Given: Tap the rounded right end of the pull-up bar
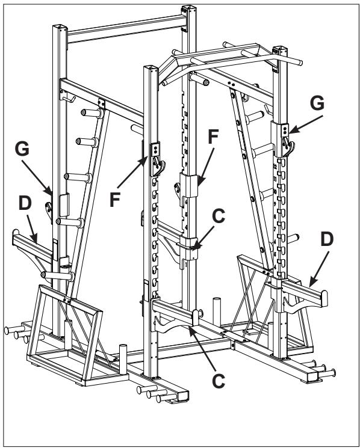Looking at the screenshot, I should click(299, 61).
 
